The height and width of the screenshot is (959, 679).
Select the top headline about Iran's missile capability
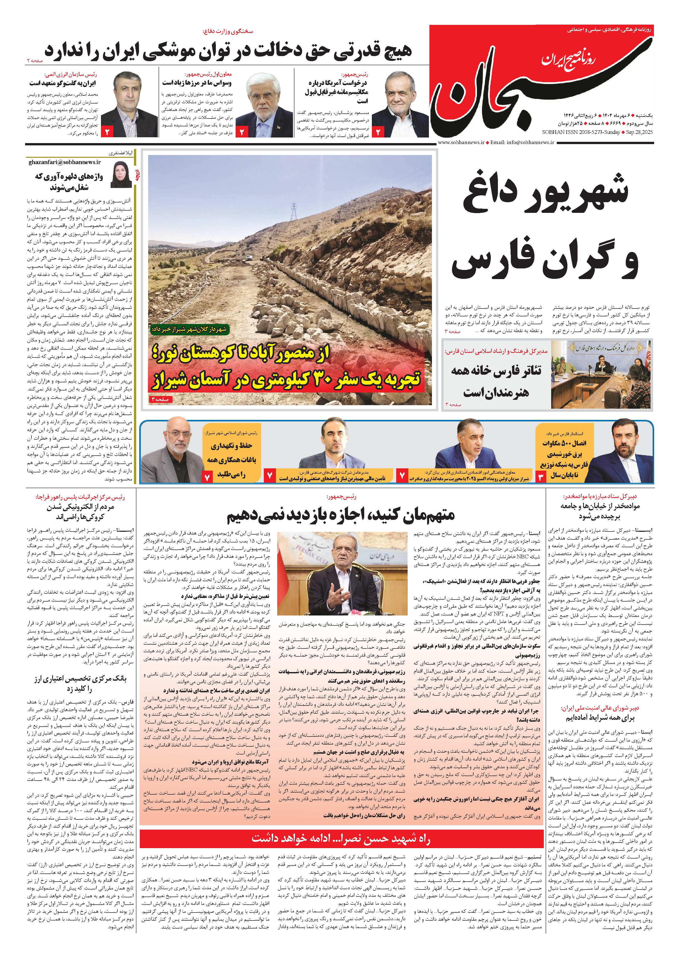coord(228,50)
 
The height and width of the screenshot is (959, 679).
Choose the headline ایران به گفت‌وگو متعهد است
coord(63,83)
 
